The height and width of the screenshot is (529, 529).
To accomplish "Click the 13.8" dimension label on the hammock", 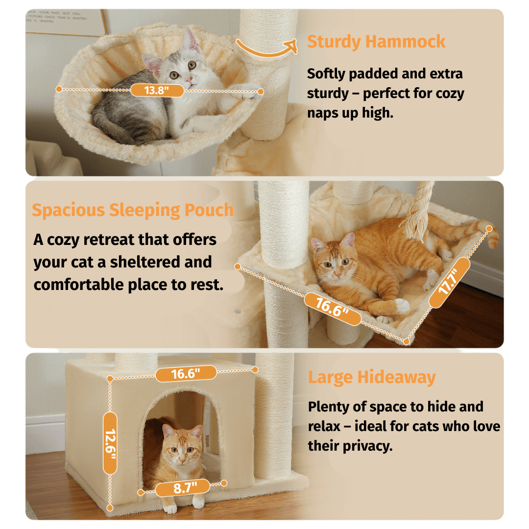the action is [x=157, y=91].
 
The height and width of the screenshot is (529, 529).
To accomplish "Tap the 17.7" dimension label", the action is [x=450, y=283].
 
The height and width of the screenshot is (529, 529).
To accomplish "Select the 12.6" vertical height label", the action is [x=110, y=443].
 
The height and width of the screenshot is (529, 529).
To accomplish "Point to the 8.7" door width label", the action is [x=183, y=487].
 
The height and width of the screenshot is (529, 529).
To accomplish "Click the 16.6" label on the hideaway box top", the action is [x=186, y=373].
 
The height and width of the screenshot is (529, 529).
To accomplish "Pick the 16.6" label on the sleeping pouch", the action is [x=332, y=309].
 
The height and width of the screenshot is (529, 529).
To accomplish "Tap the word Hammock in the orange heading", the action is [x=405, y=42].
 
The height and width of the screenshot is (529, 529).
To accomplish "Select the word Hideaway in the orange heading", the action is [x=396, y=377].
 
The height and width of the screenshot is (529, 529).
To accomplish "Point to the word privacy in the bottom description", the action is [x=367, y=446].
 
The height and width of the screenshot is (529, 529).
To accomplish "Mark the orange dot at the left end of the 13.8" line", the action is [x=59, y=89].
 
